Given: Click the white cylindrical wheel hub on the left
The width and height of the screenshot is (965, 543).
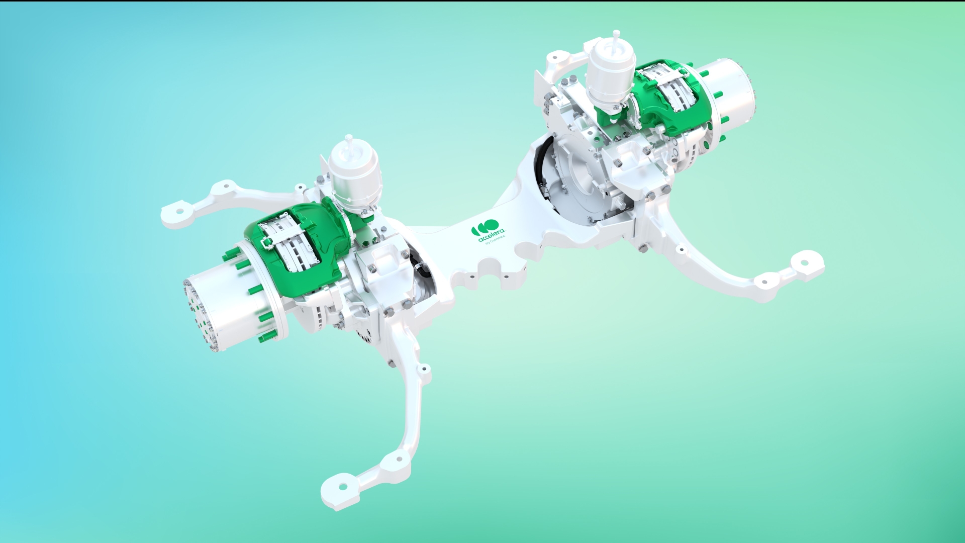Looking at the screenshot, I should [x=236, y=307].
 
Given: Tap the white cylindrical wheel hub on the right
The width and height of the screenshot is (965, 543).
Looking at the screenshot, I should [x=729, y=90].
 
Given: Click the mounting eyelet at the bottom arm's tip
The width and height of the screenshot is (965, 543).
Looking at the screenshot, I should [x=343, y=487].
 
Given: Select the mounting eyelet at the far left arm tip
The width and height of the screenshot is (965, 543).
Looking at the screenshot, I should [x=179, y=212].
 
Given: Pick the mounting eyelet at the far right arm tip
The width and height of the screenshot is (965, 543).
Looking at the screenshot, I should [x=804, y=262].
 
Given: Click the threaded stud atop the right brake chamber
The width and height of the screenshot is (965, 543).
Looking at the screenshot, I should [x=617, y=35].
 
